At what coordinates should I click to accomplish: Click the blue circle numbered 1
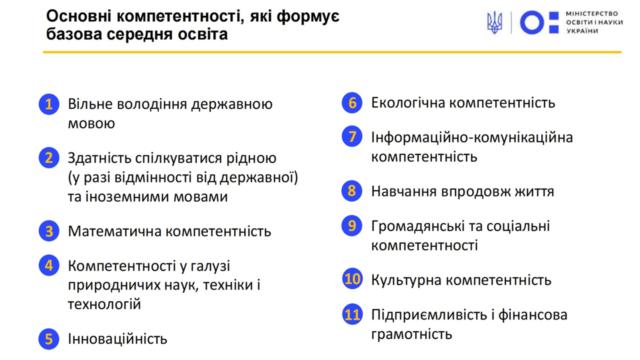pos(49,104)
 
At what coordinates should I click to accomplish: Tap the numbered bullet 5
pos(49,339)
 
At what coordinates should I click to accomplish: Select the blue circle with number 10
pos(352,279)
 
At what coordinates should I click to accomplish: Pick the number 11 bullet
pos(352,314)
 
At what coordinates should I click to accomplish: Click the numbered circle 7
pos(352,136)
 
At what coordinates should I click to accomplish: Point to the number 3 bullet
pos(49,231)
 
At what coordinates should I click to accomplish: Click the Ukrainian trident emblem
pos(494,22)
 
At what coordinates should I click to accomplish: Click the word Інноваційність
pos(117,339)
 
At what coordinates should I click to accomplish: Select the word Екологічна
pos(407,102)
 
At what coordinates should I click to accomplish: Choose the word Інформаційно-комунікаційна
pos(472,137)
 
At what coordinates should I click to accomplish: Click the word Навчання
pos(403,191)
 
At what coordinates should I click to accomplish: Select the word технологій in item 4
pos(104,304)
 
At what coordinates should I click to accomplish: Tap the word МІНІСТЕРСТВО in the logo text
pos(591,13)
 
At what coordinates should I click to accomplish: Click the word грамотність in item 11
pos(411,334)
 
